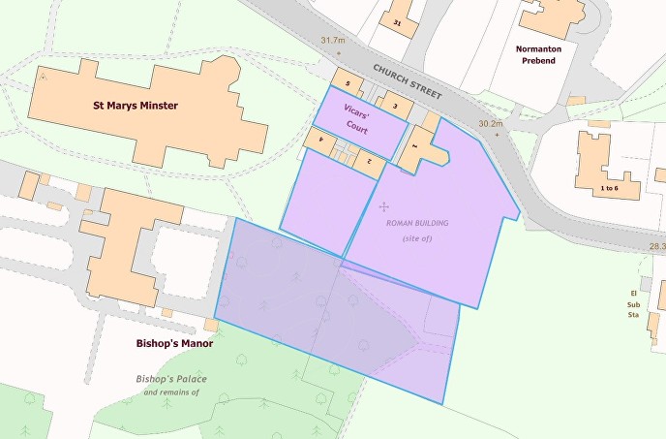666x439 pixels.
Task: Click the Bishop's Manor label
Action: (x=174, y=343)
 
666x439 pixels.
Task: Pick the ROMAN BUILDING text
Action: (x=416, y=224)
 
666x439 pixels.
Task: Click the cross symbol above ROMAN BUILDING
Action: (x=384, y=206)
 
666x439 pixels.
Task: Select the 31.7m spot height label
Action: (x=332, y=40)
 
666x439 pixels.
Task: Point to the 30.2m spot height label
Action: (x=491, y=124)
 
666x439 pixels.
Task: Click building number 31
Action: (x=397, y=20)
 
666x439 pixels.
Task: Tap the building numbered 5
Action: (x=347, y=82)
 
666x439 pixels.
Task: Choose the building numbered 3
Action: (x=393, y=104)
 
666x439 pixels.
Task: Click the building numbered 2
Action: (x=368, y=160)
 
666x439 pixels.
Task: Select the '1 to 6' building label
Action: (x=608, y=187)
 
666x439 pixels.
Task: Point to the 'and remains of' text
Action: (x=170, y=392)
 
